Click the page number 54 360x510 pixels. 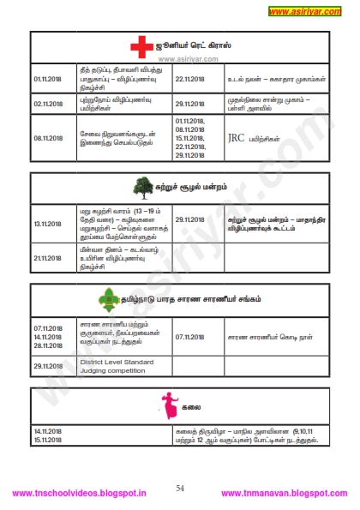pyautogui.click(x=180, y=487)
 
